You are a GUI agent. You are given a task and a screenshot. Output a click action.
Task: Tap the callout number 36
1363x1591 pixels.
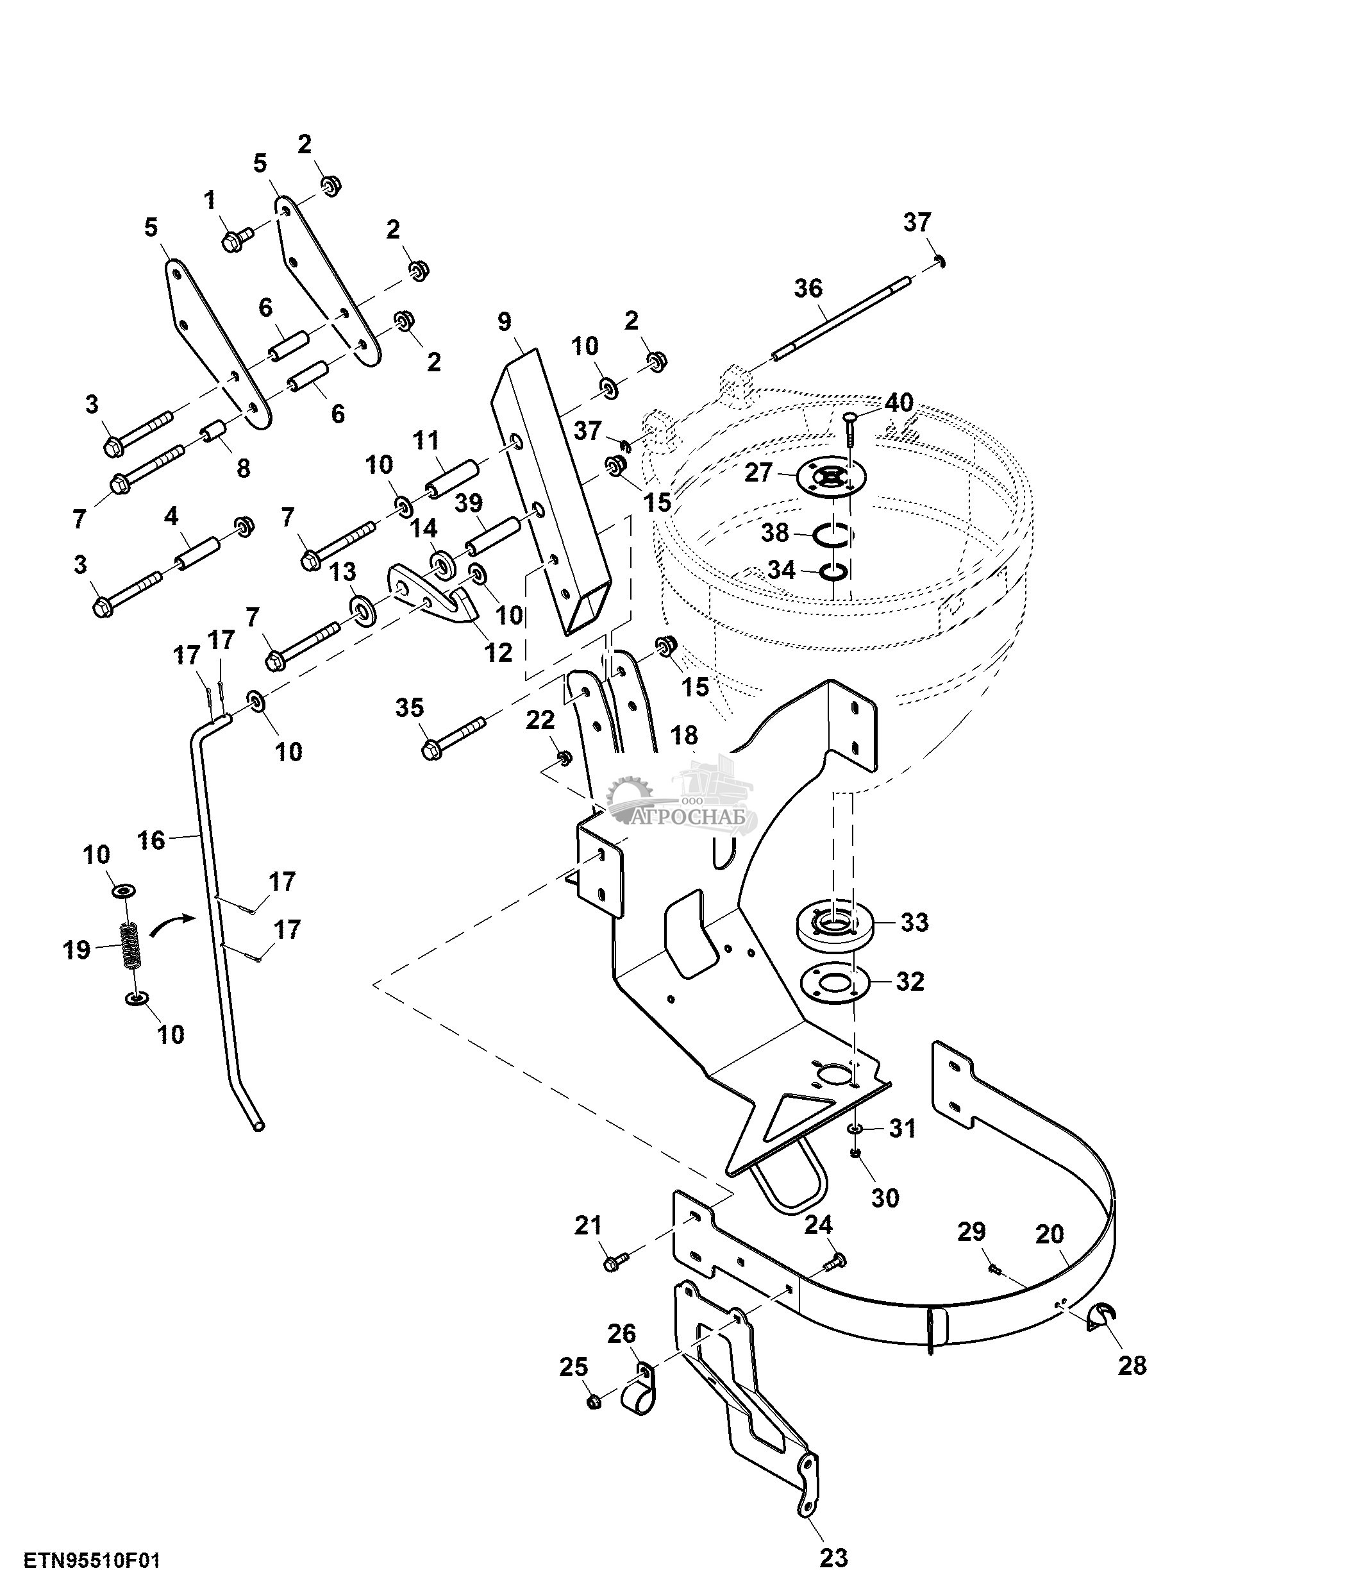coord(808,289)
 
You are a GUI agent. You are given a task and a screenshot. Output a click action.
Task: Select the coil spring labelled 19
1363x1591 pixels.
coord(132,945)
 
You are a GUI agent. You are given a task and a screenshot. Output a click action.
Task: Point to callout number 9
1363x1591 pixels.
coord(503,322)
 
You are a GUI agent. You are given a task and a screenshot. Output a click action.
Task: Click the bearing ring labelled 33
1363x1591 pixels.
coord(831,922)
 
